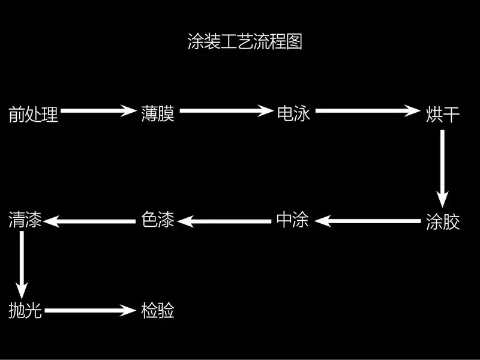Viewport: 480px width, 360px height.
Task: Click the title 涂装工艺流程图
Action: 245,43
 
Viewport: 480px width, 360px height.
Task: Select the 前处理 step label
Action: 34,114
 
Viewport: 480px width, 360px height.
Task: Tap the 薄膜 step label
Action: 158,113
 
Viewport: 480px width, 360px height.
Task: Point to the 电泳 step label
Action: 293,113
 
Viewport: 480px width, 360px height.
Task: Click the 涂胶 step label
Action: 442,221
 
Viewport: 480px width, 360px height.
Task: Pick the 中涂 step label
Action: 292,220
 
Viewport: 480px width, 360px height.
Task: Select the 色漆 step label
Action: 158,220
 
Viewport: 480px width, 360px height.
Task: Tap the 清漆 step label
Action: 25,220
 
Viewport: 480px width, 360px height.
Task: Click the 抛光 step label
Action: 25,311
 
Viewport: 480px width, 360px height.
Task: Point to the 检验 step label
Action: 158,311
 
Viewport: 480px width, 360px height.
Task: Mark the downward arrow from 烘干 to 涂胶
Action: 442,168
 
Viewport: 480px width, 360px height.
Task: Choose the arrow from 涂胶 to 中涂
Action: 368,221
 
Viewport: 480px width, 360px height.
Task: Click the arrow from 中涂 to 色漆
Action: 224,221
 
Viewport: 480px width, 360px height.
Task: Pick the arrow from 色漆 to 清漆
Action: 90,221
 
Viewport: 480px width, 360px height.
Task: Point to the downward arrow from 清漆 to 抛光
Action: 22,261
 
